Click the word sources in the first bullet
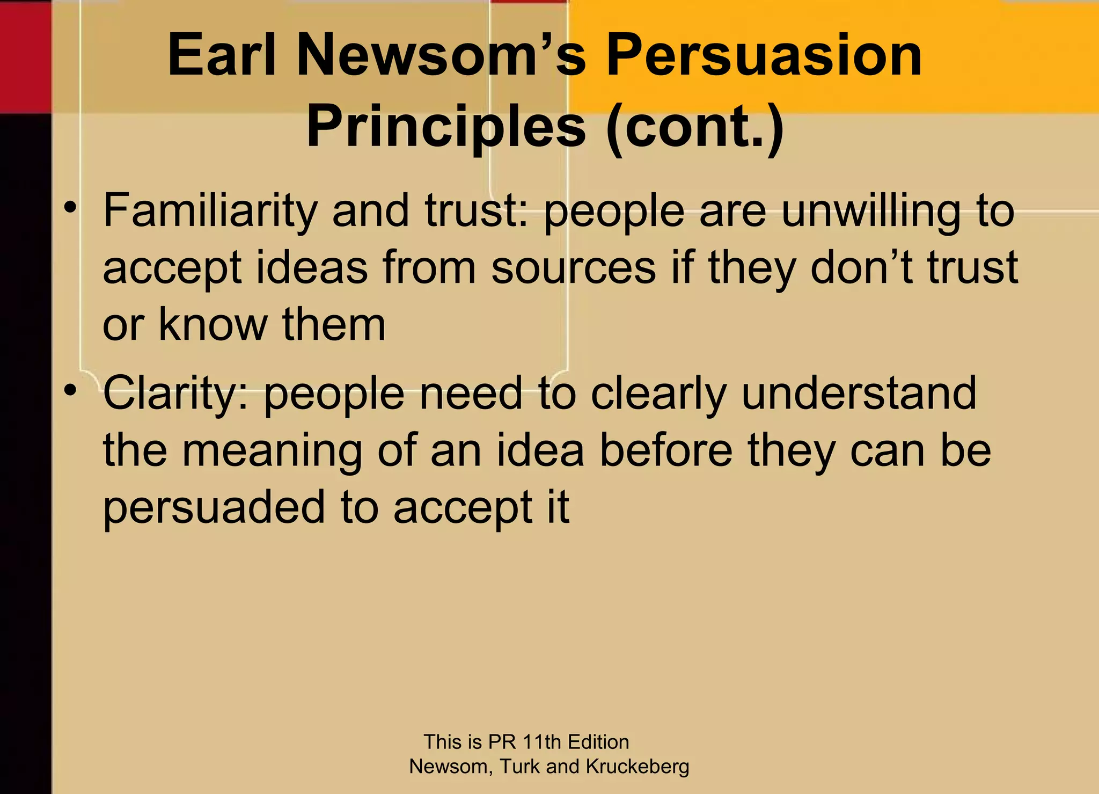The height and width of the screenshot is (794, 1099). (x=573, y=268)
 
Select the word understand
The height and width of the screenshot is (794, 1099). (x=859, y=394)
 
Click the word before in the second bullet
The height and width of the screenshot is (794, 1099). (x=666, y=451)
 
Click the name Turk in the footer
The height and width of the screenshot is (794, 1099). (x=519, y=767)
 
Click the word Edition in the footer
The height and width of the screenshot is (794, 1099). (x=598, y=742)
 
